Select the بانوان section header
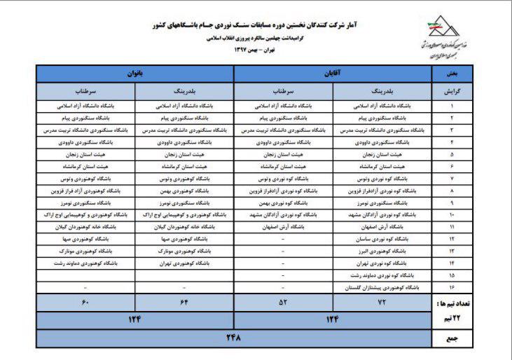tap(134, 73)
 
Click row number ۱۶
tap(451, 287)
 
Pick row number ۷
tap(451, 179)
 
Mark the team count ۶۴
tap(184, 304)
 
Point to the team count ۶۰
tap(85, 304)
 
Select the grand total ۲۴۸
tap(231, 338)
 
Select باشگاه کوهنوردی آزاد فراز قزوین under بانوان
tap(85, 191)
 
